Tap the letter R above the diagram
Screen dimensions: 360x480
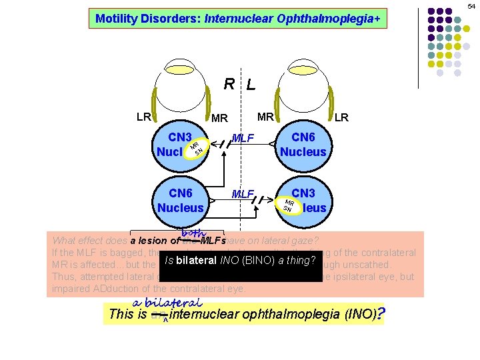(x=229, y=84)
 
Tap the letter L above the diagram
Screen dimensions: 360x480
(x=250, y=85)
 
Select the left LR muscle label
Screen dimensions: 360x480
(x=143, y=117)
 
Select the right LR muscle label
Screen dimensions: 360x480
(x=341, y=118)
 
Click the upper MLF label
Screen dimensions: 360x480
(x=244, y=139)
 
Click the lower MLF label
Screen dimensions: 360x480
(x=243, y=194)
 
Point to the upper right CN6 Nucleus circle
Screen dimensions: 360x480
(x=303, y=145)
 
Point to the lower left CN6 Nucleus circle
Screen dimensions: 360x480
(x=181, y=200)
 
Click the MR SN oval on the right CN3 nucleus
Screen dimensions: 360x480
(x=289, y=205)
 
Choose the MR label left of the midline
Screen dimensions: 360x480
(x=219, y=119)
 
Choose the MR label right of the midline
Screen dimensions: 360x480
(x=266, y=117)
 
